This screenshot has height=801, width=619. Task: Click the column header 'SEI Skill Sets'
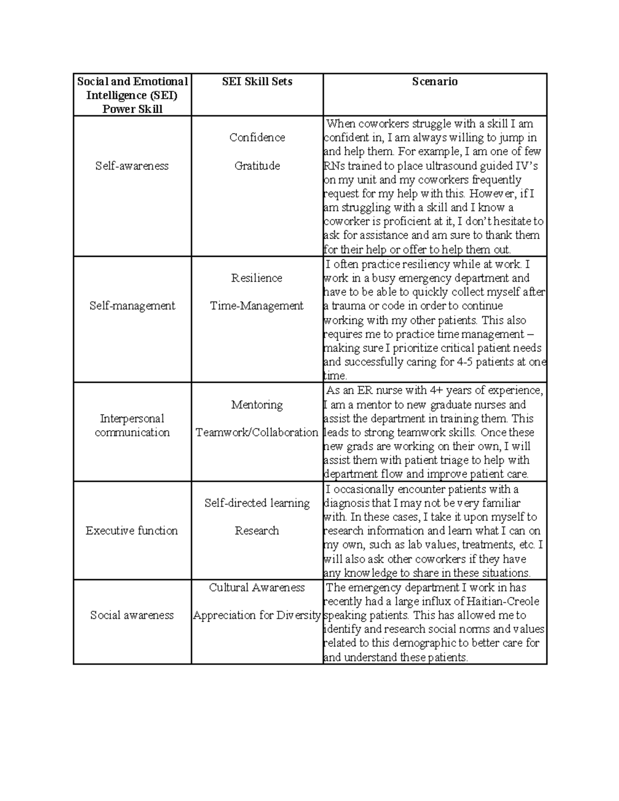pos(257,81)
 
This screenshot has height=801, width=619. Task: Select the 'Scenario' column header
pos(434,81)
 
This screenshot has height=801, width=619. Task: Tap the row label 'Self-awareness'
pos(132,166)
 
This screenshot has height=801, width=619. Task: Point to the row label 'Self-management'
pos(132,305)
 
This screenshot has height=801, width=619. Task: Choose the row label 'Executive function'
pos(132,531)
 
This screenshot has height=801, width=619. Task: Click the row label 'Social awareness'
pos(132,615)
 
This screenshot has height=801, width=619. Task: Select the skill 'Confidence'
pos(257,137)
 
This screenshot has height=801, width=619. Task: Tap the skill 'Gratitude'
pos(257,166)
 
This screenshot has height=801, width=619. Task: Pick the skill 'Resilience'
pos(257,278)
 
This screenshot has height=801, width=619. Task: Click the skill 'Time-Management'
pos(257,305)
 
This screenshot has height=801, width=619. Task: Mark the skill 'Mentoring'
pos(257,404)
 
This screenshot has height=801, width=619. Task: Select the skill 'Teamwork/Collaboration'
pos(257,432)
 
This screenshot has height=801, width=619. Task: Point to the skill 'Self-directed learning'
pos(257,503)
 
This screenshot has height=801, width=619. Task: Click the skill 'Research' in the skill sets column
pos(257,531)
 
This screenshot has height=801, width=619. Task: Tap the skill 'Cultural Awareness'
pos(257,587)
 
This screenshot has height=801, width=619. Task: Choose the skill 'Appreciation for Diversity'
pos(257,615)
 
